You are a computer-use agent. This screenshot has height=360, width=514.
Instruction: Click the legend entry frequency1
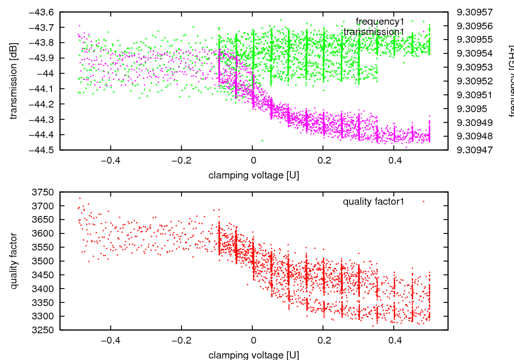[380, 22]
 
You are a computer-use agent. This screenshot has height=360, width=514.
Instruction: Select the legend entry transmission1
[374, 32]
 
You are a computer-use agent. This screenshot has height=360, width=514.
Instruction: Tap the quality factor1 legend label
[374, 202]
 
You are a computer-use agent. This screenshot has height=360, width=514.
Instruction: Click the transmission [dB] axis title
[14, 81]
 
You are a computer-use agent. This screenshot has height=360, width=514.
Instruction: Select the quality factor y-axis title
[14, 261]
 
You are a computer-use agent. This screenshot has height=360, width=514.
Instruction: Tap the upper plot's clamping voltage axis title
[254, 175]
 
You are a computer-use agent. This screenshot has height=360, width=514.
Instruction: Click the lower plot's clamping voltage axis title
[254, 355]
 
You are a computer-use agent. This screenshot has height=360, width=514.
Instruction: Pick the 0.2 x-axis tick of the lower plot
[323, 340]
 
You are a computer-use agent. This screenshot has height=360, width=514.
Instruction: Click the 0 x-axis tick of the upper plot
[252, 160]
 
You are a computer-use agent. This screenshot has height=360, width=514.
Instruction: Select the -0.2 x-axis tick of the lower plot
[181, 340]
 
